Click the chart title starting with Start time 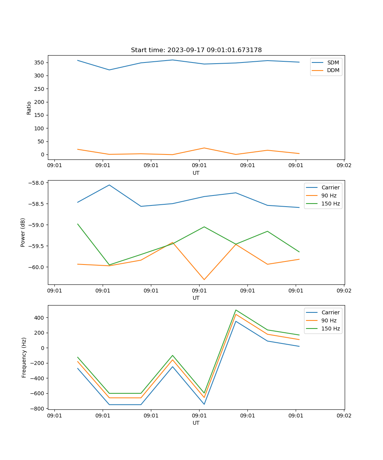[x=196, y=50]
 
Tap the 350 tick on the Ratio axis [x=40, y=62]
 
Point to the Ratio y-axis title [x=29, y=108]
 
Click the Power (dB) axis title [x=23, y=232]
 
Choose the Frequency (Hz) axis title [x=24, y=357]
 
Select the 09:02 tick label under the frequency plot [x=344, y=416]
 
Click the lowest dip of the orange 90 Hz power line [x=204, y=279]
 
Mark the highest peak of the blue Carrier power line [x=109, y=185]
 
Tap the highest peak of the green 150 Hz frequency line [x=236, y=310]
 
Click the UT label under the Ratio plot [x=196, y=173]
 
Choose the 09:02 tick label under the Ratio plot [x=344, y=166]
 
